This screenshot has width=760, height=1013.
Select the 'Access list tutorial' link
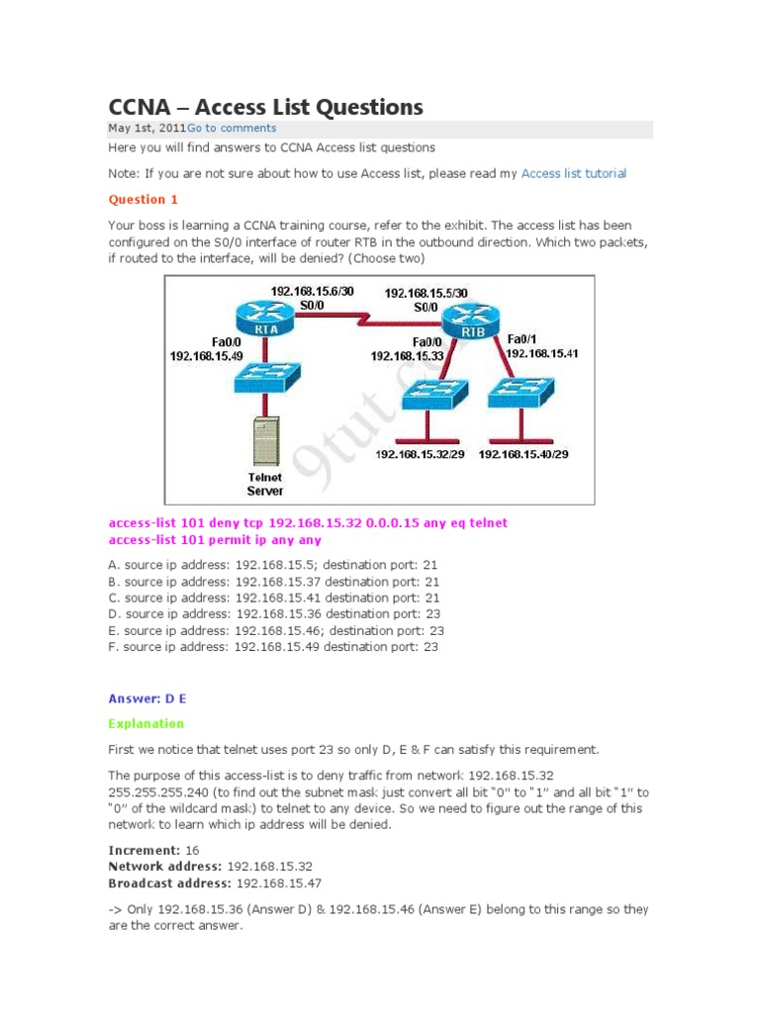[573, 173]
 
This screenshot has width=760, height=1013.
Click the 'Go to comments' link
[232, 129]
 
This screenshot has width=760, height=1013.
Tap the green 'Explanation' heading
[146, 723]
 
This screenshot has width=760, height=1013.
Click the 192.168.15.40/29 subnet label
[523, 454]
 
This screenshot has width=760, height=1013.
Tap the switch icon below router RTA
[264, 378]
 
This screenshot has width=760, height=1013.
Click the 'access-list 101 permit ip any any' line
[215, 540]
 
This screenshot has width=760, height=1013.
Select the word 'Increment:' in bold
[143, 850]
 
